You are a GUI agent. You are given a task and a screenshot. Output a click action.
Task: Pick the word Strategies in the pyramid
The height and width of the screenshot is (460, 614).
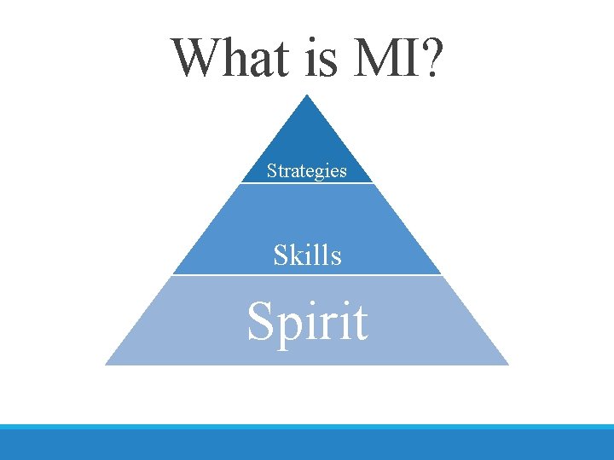coord(306,171)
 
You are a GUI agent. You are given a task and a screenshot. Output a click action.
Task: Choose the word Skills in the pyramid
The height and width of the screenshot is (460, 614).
coord(307,255)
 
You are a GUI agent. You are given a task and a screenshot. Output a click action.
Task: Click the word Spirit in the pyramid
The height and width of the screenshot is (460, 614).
coord(307,323)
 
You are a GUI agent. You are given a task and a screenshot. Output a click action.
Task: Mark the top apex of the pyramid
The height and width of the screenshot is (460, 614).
coord(307,95)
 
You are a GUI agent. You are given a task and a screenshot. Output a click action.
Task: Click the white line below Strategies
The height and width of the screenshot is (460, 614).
coord(307,182)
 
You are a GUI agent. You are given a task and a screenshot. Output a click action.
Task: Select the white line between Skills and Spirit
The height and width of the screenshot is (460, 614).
coord(307,274)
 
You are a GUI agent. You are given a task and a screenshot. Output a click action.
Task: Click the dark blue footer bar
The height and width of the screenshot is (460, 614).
coord(307,446)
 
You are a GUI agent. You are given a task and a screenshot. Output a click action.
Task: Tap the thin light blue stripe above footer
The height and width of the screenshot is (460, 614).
coord(307,427)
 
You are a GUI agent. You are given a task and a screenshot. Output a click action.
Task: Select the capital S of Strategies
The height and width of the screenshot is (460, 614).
coord(271,170)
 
